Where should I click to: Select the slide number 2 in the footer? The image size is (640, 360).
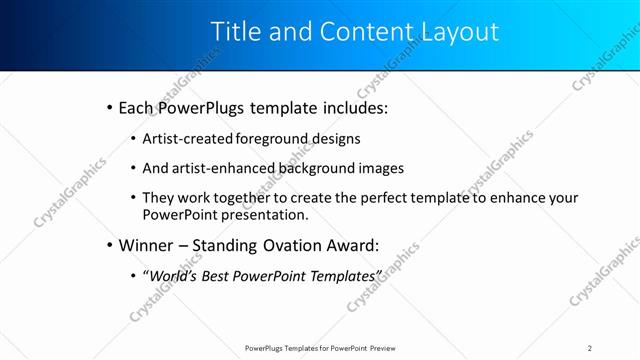point(590,347)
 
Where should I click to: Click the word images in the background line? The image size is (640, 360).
point(376,168)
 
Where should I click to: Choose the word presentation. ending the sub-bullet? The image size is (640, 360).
point(264,214)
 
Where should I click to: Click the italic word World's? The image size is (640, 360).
point(172,274)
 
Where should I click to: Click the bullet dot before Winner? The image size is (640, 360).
point(109,244)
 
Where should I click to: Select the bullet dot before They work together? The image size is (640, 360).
point(134,198)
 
